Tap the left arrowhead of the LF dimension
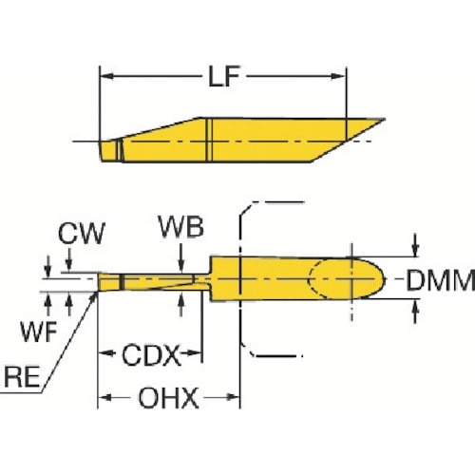(x=107, y=74)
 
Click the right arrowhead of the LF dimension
(x=344, y=74)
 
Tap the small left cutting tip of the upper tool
(x=104, y=150)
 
